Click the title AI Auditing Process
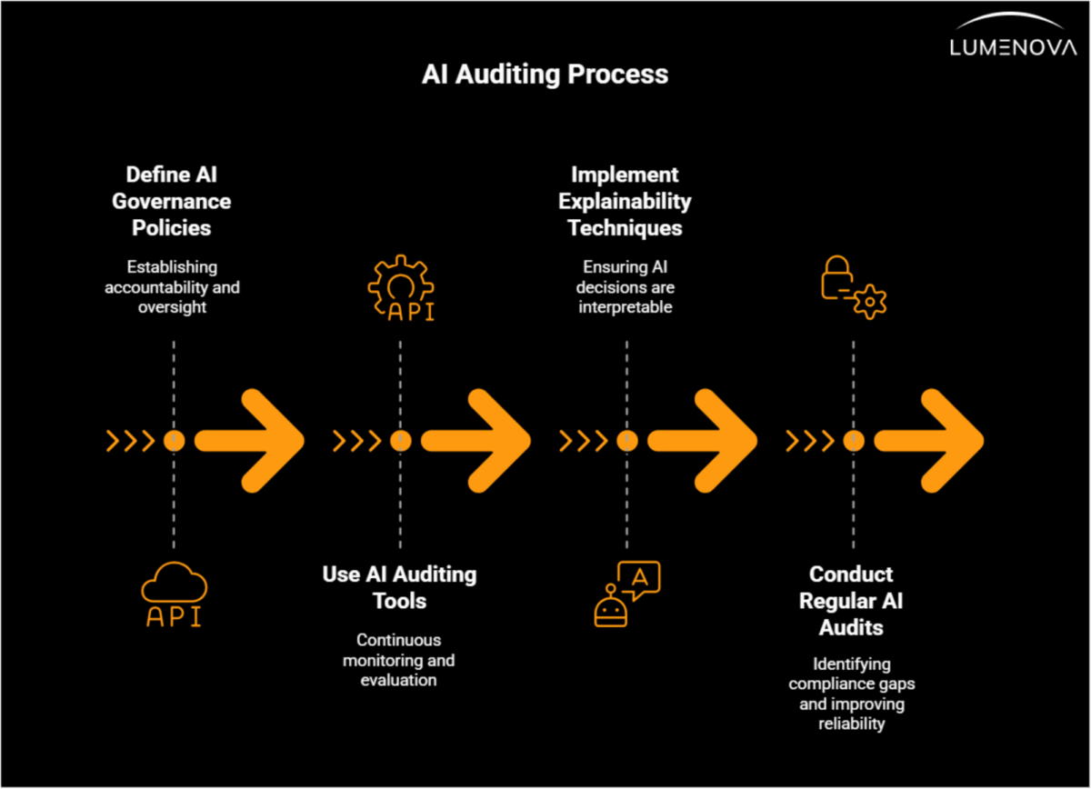pyautogui.click(x=545, y=75)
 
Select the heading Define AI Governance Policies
pyautogui.click(x=172, y=201)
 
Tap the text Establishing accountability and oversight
pyautogui.click(x=172, y=287)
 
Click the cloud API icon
pyautogui.click(x=174, y=594)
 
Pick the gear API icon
pyautogui.click(x=399, y=290)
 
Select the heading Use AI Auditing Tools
pyautogui.click(x=399, y=587)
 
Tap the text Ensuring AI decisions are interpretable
pyautogui.click(x=626, y=287)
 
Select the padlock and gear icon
pyautogui.click(x=853, y=286)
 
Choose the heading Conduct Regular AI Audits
pyautogui.click(x=851, y=601)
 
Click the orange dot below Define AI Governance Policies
pyautogui.click(x=174, y=441)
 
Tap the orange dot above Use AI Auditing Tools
pyautogui.click(x=400, y=441)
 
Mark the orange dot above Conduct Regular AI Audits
pyautogui.click(x=853, y=441)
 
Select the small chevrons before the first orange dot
pyautogui.click(x=129, y=441)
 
